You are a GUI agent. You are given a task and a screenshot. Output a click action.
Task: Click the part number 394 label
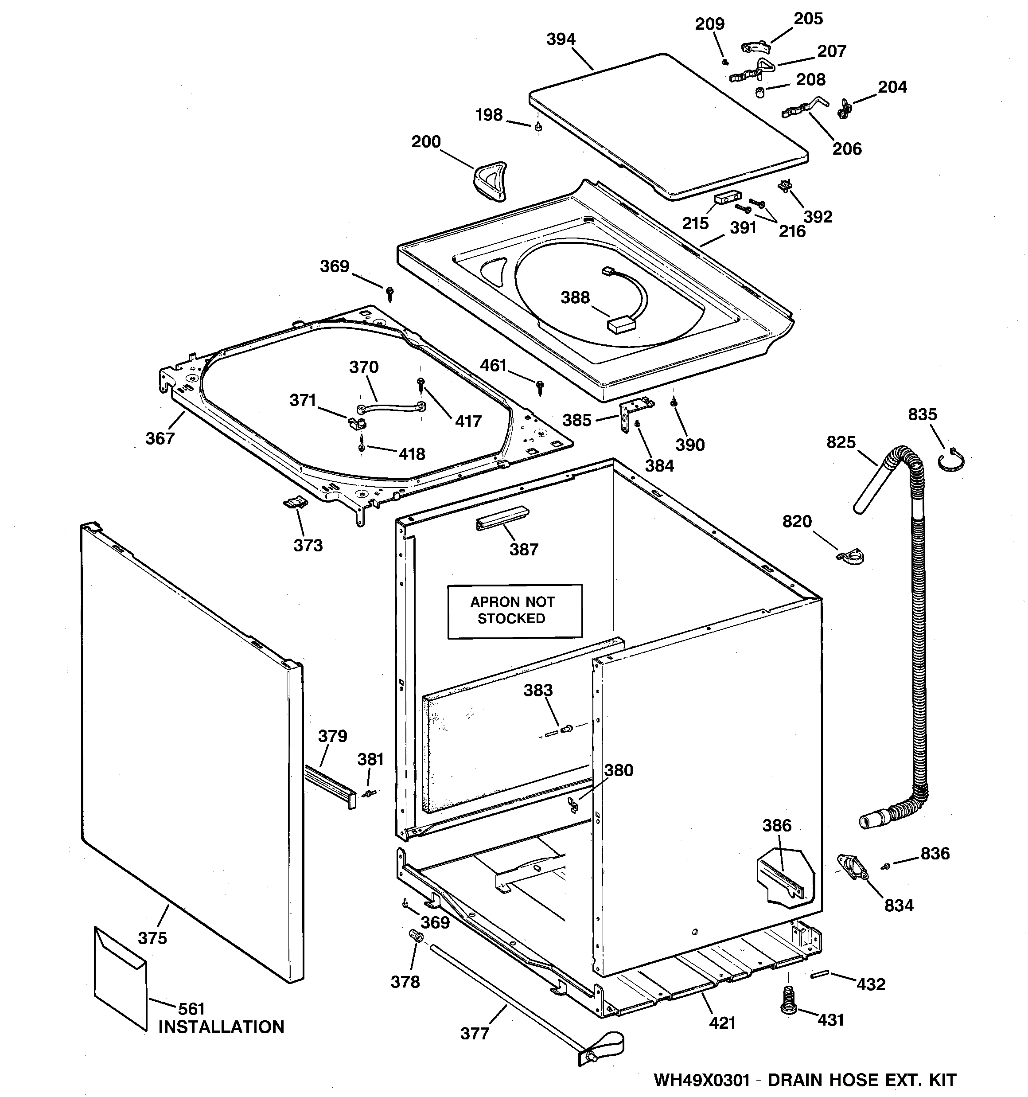pyautogui.click(x=561, y=39)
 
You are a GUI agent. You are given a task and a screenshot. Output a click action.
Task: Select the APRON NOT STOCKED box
pyautogui.click(x=514, y=611)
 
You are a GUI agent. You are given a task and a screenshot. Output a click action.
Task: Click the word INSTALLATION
pyautogui.click(x=221, y=1027)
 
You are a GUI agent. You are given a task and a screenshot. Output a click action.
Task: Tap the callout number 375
pyautogui.click(x=152, y=937)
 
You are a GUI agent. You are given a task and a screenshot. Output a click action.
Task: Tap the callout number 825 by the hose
pyautogui.click(x=841, y=442)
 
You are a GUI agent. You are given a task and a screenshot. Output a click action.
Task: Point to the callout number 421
pyautogui.click(x=722, y=1023)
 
